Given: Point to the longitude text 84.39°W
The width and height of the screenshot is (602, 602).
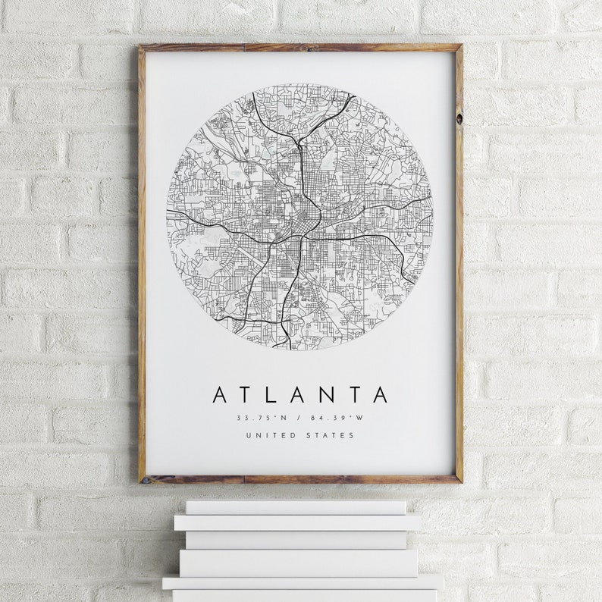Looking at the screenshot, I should (x=338, y=418).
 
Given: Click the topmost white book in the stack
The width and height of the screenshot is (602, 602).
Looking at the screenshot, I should (x=296, y=506).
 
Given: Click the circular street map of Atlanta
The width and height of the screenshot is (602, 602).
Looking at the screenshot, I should (x=299, y=216).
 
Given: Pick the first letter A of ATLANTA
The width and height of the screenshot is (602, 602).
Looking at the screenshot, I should (x=221, y=394).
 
